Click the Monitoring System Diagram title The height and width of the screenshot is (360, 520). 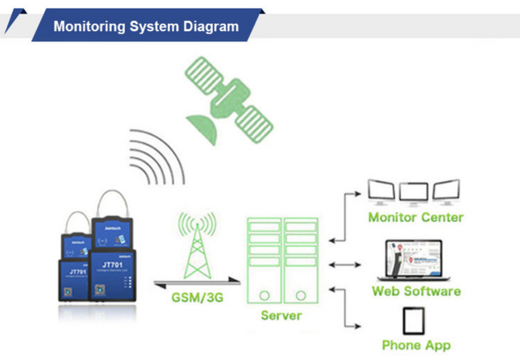[146, 26]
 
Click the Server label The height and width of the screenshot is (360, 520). [281, 315]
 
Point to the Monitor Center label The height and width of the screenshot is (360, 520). [415, 217]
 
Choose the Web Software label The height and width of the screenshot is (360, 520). [416, 291]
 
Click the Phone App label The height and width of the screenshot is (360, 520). [416, 345]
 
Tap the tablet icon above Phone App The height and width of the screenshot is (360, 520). [414, 320]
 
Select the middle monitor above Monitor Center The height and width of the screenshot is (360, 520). [414, 193]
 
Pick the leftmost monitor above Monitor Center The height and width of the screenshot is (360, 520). [381, 192]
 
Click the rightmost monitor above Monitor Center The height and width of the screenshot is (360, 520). [446, 192]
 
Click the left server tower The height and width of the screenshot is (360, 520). [264, 263]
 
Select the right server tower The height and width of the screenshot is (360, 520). [301, 263]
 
